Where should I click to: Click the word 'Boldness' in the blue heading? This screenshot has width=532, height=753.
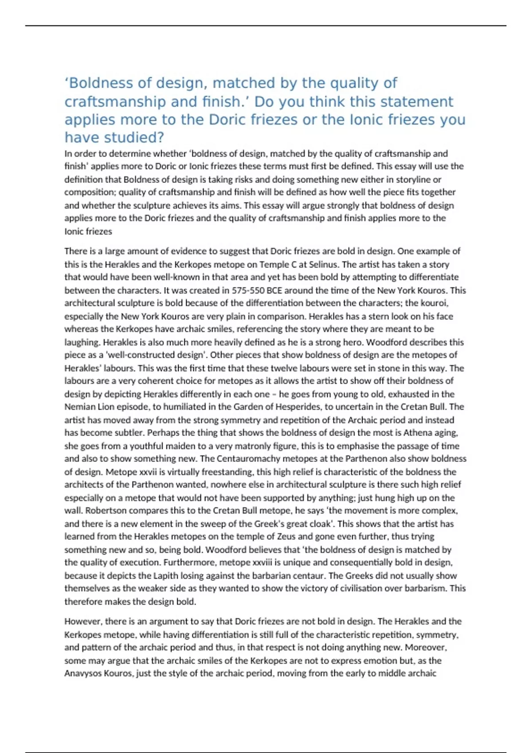[x=101, y=83]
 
